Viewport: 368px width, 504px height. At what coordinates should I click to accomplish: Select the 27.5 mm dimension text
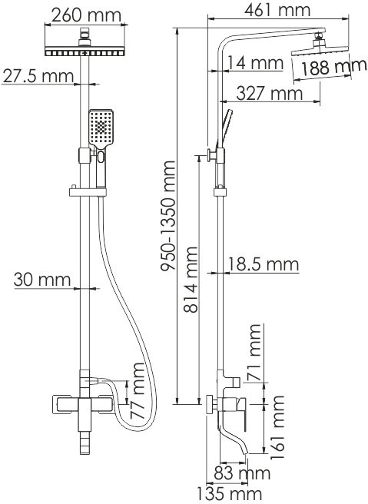(x=37, y=76)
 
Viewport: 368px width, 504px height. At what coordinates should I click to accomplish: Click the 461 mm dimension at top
(x=274, y=10)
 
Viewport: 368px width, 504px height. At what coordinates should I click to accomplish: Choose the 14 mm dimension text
(x=254, y=62)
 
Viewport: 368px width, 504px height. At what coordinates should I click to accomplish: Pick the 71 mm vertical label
(x=254, y=350)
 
